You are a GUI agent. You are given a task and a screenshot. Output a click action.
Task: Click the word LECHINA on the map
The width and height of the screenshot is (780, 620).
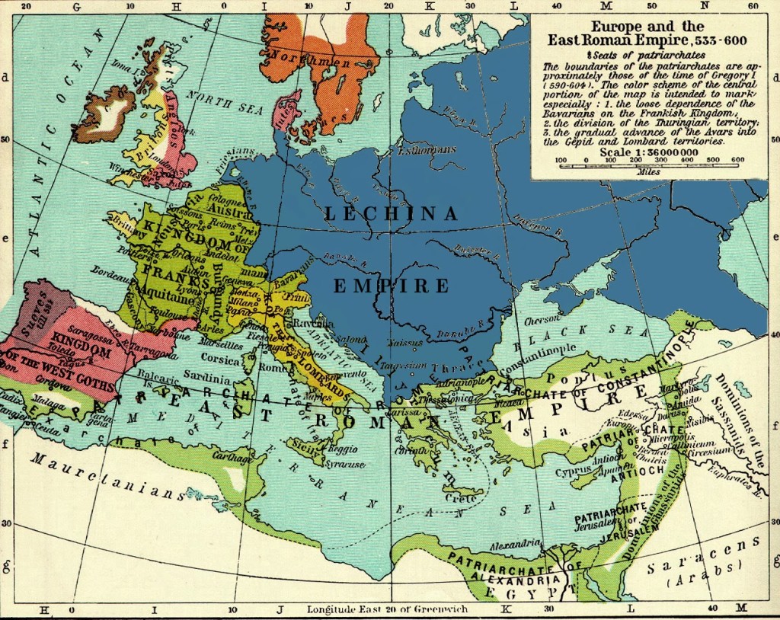pos(391,215)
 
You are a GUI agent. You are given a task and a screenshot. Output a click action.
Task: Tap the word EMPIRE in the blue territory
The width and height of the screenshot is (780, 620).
pos(391,286)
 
